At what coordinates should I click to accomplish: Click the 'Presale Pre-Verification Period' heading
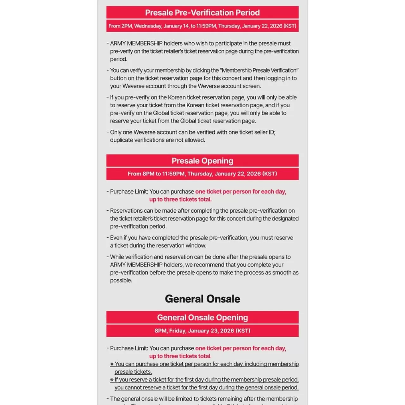point(202,13)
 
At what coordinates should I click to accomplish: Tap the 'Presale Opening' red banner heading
point(202,161)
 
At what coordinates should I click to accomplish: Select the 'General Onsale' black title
point(202,299)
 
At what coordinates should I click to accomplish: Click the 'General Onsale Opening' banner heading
point(202,317)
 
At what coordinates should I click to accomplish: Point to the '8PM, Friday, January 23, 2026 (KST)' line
point(202,331)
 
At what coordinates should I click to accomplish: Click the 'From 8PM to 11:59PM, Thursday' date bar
point(202,174)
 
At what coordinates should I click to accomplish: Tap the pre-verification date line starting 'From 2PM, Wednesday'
point(202,26)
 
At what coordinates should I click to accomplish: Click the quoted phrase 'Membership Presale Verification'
point(259,70)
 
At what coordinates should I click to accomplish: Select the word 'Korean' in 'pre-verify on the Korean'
point(177,97)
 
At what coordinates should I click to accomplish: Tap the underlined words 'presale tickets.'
point(133,372)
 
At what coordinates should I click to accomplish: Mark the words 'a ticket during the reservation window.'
point(158,246)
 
